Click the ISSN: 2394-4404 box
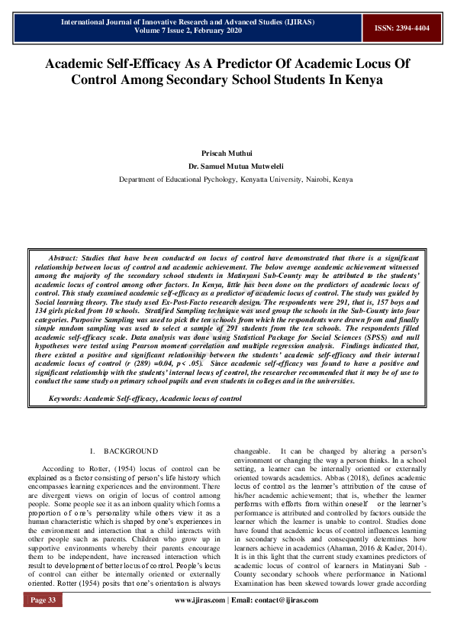click(x=401, y=27)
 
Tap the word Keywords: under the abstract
click(x=65, y=398)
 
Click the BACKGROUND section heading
click(x=131, y=452)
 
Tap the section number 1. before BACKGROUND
click(x=92, y=452)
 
